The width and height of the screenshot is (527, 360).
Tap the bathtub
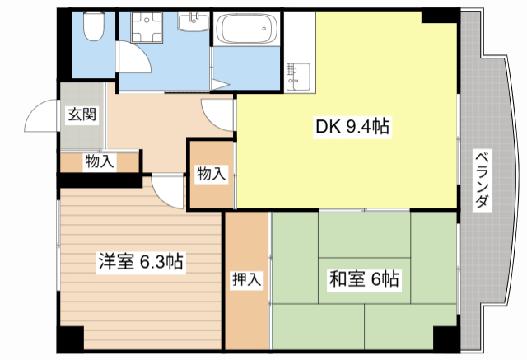[x=245, y=32]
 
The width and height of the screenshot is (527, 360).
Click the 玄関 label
[x=82, y=115]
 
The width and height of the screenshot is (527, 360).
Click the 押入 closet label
[x=246, y=280]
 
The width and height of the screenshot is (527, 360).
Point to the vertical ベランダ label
[x=483, y=181]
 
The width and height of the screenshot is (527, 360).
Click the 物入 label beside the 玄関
[x=99, y=161]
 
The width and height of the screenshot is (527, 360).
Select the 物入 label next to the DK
[x=210, y=173]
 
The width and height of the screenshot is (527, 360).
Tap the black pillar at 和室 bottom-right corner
[x=445, y=338]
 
